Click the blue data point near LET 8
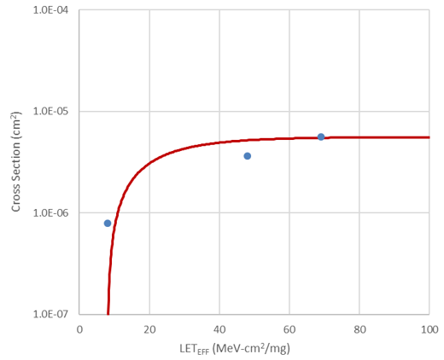[x=108, y=223]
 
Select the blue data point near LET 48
[x=248, y=156]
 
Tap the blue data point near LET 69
[x=321, y=136]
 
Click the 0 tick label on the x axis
[x=79, y=328]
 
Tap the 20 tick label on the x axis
[x=149, y=328]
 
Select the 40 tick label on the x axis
[x=219, y=328]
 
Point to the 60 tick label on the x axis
[x=289, y=328]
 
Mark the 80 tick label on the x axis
[x=359, y=328]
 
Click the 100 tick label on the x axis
[x=429, y=328]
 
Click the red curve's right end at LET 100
[x=429, y=137]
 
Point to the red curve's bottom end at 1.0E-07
[x=108, y=313]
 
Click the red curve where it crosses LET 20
[x=149, y=161]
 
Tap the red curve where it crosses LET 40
[x=219, y=142]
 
